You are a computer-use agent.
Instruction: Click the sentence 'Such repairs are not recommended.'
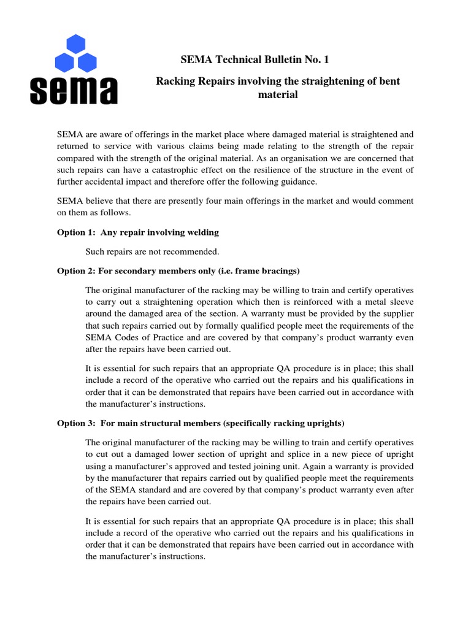[152, 251]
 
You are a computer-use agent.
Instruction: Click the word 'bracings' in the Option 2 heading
[280, 270]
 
